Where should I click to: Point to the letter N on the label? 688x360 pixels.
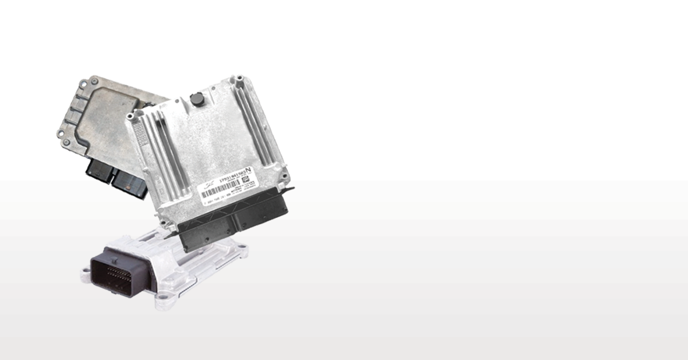click(248, 170)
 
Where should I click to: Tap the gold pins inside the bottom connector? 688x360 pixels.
click(122, 274)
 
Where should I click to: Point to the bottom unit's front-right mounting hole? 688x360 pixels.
click(159, 298)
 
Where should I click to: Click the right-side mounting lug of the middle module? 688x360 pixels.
click(283, 170)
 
